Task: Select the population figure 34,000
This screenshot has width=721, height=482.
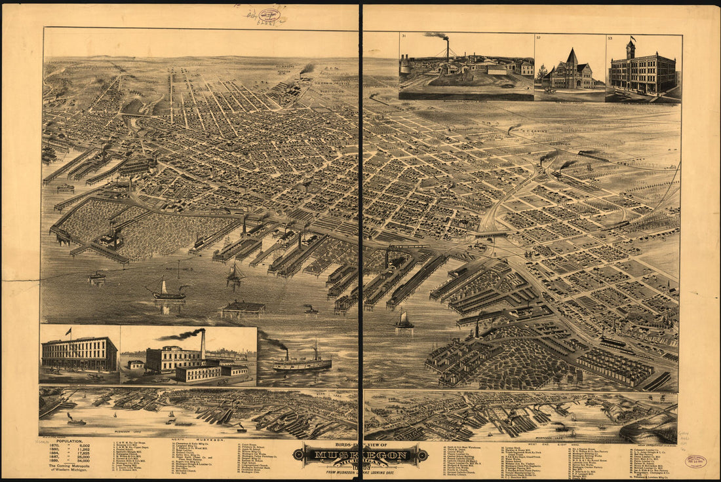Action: point(81,469)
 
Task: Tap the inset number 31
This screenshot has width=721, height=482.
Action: point(404,37)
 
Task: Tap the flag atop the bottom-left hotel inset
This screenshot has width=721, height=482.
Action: point(68,331)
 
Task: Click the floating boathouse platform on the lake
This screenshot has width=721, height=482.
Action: point(243,307)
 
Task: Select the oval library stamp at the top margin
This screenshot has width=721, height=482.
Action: point(269,14)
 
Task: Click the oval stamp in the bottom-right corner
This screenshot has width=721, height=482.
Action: point(695,461)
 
